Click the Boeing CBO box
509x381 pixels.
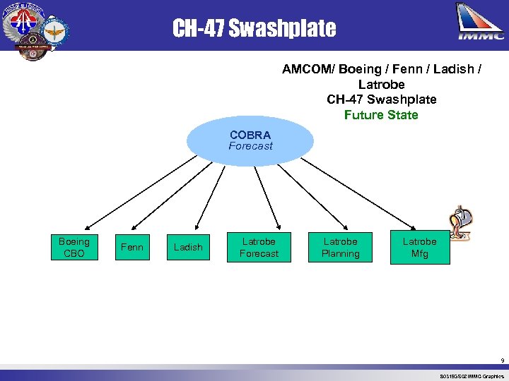[x=74, y=248]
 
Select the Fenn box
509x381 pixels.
[x=131, y=247]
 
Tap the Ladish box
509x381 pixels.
[x=188, y=248]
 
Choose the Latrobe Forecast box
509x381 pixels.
[x=259, y=248]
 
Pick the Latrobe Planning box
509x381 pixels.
[x=341, y=248]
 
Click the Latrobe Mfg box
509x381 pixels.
[x=419, y=248]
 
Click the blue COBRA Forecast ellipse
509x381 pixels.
[x=250, y=140]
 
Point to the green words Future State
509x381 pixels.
[x=381, y=115]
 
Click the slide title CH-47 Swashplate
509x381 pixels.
[x=255, y=28]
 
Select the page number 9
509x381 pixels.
[x=502, y=361]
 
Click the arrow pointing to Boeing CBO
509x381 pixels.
[x=134, y=190]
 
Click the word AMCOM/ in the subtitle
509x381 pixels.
[x=308, y=69]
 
